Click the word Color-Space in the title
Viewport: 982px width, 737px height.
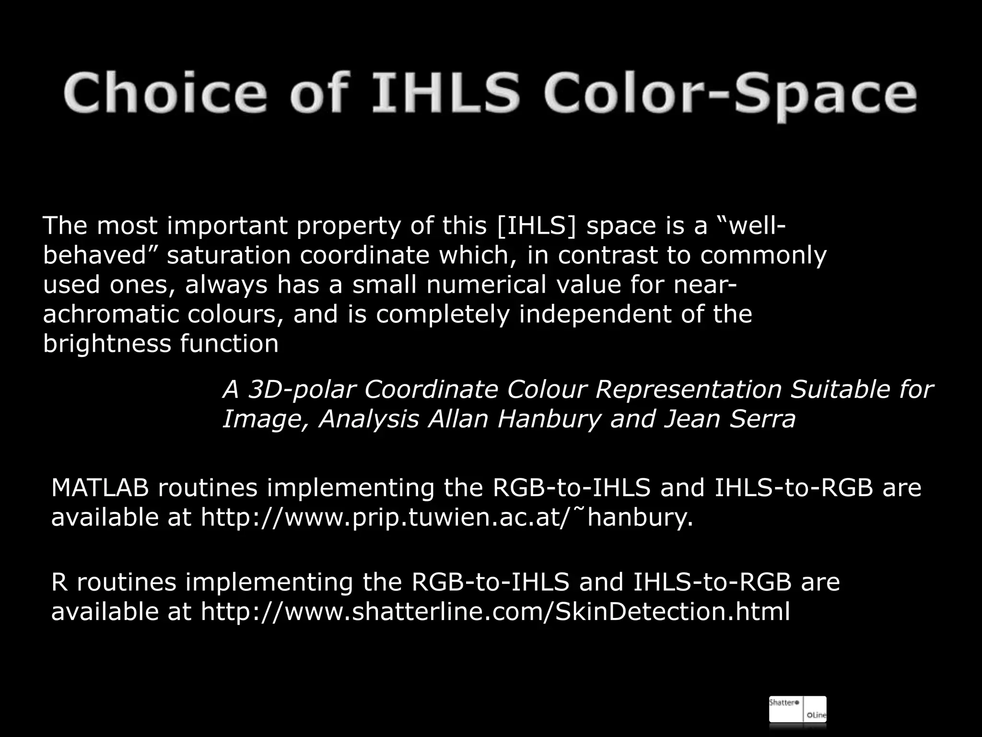[x=730, y=93]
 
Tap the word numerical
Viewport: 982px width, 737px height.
[x=486, y=285]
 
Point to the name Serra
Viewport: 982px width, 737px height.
[x=762, y=419]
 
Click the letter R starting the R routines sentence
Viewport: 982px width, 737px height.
[x=58, y=582]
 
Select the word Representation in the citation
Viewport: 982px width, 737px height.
[x=688, y=390]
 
